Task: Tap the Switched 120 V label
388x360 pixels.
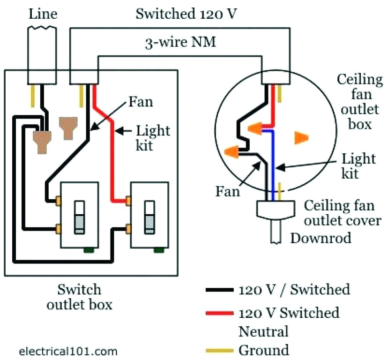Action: click(x=186, y=14)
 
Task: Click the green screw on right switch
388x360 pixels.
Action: click(x=159, y=250)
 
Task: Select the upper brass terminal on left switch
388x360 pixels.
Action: click(x=59, y=200)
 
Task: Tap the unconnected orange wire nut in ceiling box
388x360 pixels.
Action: click(x=301, y=137)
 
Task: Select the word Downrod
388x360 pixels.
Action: click(x=321, y=238)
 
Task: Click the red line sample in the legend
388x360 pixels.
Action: click(x=219, y=312)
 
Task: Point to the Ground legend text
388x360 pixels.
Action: click(x=264, y=350)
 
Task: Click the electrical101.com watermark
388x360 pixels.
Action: click(x=68, y=351)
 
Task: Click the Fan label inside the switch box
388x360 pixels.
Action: click(x=141, y=101)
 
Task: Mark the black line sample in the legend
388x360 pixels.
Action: click(x=219, y=289)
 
